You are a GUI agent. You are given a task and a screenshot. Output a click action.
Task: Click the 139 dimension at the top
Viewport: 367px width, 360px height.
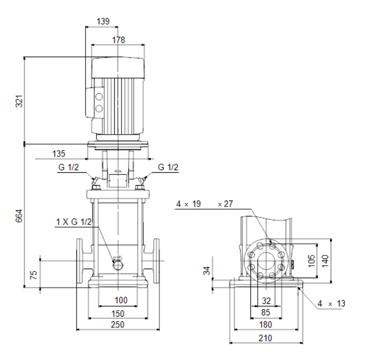pyautogui.click(x=103, y=21)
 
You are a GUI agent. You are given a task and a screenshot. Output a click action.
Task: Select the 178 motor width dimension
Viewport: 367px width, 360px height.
pyautogui.click(x=119, y=40)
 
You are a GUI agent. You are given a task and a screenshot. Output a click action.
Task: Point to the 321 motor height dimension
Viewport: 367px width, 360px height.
pyautogui.click(x=19, y=101)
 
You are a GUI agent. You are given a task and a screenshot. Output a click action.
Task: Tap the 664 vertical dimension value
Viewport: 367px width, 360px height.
pyautogui.click(x=19, y=216)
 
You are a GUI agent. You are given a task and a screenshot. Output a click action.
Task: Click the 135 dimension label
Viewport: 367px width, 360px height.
pyautogui.click(x=59, y=154)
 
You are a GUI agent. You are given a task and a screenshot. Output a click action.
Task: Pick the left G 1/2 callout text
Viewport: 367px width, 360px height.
pyautogui.click(x=69, y=167)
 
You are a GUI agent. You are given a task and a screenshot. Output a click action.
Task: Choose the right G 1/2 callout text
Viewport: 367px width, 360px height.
pyautogui.click(x=168, y=167)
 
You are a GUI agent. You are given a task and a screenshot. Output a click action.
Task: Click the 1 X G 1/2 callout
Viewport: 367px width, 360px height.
pyautogui.click(x=74, y=222)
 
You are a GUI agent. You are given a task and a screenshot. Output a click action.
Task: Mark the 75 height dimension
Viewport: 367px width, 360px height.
pyautogui.click(x=34, y=275)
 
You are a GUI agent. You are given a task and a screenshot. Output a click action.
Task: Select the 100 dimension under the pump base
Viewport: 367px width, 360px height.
pyautogui.click(x=121, y=300)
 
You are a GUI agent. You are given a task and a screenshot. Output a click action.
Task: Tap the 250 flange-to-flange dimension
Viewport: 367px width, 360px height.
pyautogui.click(x=117, y=324)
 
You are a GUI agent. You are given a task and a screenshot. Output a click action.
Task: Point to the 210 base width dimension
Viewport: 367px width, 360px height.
pyautogui.click(x=265, y=338)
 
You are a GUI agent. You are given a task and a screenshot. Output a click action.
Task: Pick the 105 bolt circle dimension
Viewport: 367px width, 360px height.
pyautogui.click(x=311, y=261)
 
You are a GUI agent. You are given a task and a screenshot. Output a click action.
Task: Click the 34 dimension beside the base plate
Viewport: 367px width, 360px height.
pyautogui.click(x=207, y=270)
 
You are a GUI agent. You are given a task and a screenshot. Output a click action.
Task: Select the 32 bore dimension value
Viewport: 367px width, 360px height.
pyautogui.click(x=266, y=301)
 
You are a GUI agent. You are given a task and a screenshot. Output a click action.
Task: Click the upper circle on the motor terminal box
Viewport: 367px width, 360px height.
pyautogui.click(x=99, y=96)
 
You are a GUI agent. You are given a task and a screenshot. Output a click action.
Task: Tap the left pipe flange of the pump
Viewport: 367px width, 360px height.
pyautogui.click(x=80, y=261)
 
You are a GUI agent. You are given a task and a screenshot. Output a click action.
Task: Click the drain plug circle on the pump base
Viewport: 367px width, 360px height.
pyautogui.click(x=118, y=265)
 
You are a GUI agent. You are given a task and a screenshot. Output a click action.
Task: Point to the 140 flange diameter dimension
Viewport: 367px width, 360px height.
pyautogui.click(x=325, y=261)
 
